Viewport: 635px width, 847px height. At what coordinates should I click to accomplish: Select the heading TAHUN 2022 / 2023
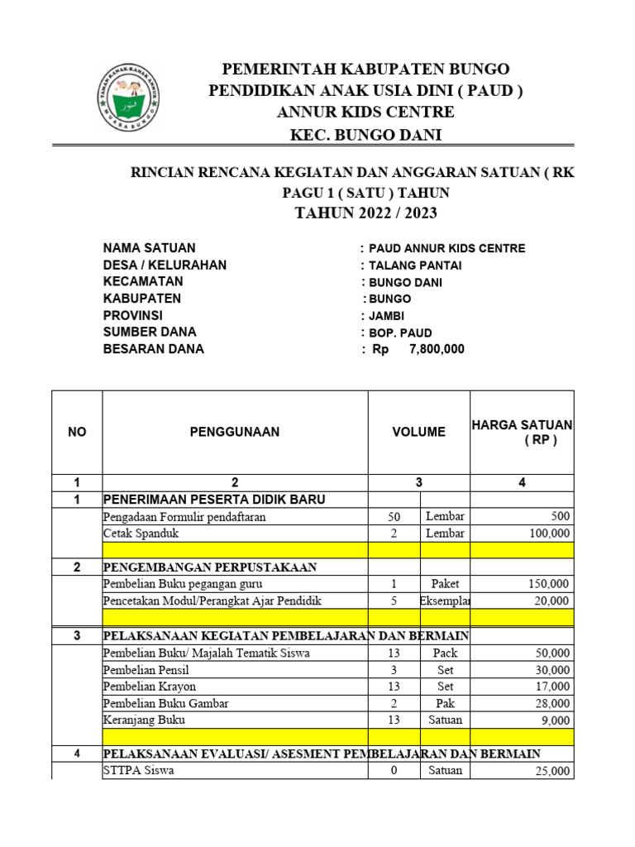point(366,213)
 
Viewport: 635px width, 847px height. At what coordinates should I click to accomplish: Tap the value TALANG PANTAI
point(415,266)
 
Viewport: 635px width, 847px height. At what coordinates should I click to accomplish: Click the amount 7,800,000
point(437,349)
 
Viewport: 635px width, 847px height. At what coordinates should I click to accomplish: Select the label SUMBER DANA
point(150,333)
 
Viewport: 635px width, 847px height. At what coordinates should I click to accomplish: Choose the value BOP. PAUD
point(400,333)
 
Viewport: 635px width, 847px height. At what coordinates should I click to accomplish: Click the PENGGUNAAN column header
point(235,432)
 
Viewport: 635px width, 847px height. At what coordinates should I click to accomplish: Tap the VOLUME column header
point(418,432)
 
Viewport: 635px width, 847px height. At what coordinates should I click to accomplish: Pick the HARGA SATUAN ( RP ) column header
point(522,432)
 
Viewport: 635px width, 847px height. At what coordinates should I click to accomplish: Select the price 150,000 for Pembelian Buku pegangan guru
point(548,584)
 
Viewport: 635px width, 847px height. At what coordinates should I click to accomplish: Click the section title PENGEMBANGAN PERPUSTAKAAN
point(209,567)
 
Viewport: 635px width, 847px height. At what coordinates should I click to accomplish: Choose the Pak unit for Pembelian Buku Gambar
point(446,703)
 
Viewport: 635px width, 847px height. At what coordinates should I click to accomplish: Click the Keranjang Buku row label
point(144,720)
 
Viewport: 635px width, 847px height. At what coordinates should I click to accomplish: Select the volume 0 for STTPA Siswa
point(394,771)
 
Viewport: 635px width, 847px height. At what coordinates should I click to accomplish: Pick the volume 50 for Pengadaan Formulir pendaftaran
point(394,517)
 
